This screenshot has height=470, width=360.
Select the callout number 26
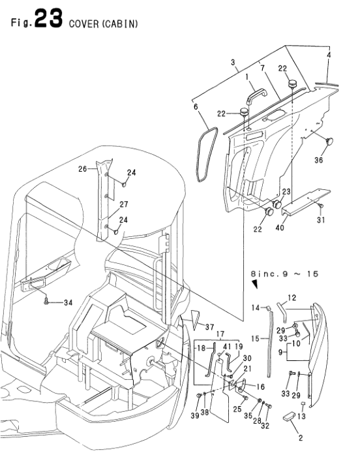[83, 169]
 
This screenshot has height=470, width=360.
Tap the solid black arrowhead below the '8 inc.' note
[255, 285]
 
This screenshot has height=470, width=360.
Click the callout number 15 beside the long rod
[254, 338]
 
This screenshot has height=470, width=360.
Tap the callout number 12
[292, 298]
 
